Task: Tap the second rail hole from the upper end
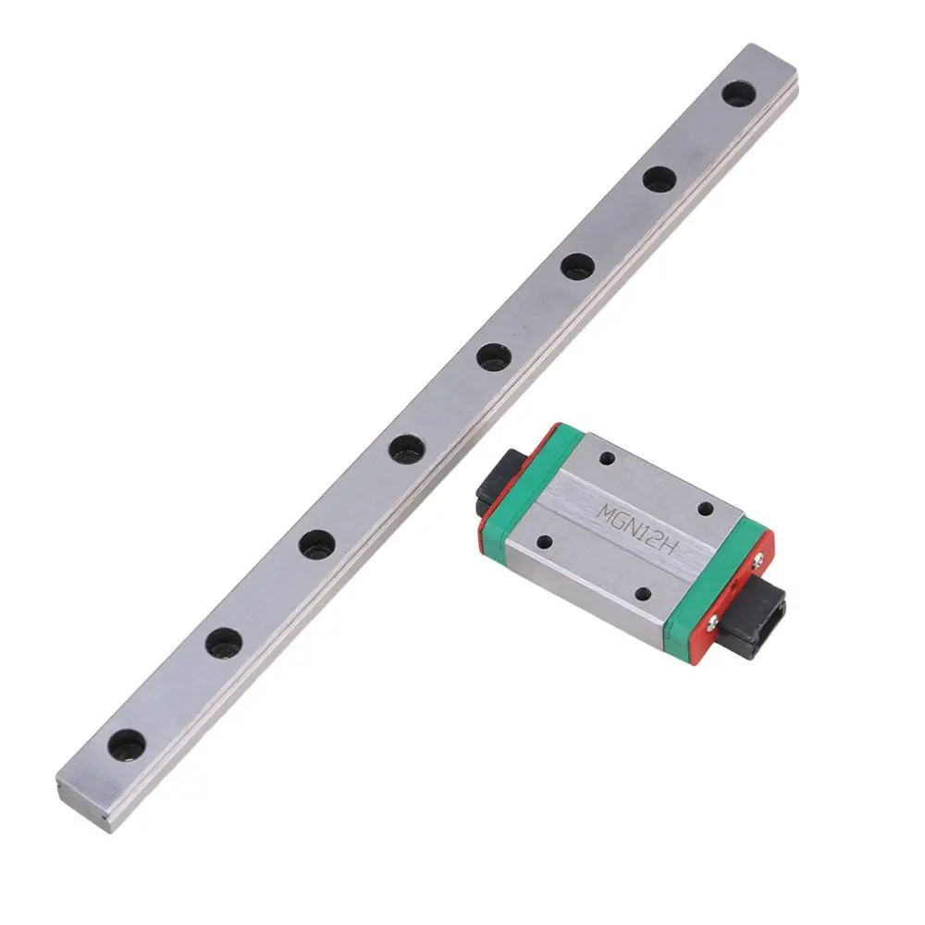click(x=659, y=179)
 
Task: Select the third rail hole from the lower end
click(x=316, y=543)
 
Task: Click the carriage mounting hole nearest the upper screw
click(x=705, y=508)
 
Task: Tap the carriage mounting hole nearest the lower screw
click(x=645, y=595)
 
